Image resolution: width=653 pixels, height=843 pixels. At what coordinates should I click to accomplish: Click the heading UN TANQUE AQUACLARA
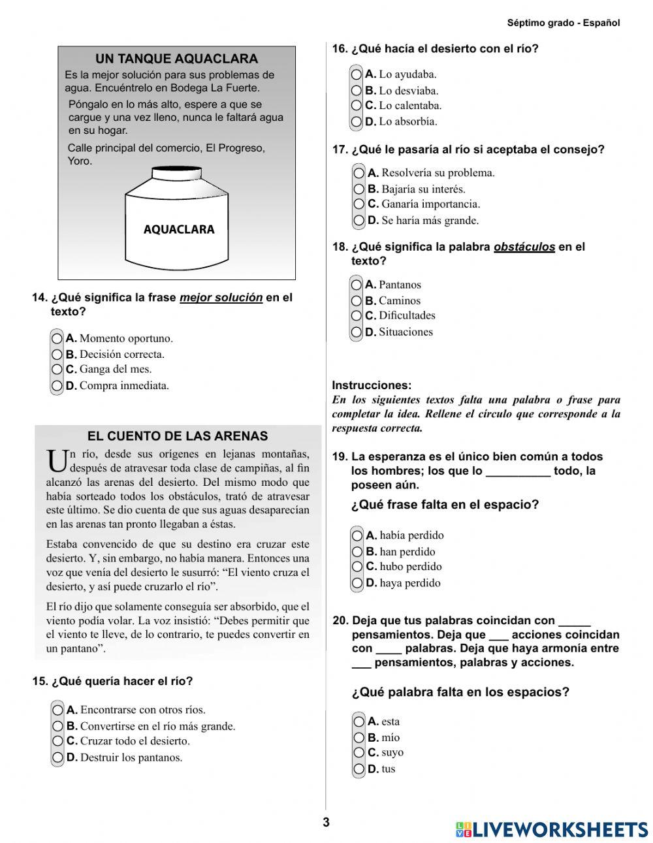tap(176, 59)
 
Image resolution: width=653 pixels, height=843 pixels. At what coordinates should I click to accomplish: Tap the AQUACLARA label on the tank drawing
tap(178, 229)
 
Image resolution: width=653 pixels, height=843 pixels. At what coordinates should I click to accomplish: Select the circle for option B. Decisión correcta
tap(57, 355)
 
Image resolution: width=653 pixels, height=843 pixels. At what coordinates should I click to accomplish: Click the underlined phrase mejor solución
tap(221, 298)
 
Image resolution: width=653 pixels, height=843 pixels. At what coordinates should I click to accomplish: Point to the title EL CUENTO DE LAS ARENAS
tap(178, 436)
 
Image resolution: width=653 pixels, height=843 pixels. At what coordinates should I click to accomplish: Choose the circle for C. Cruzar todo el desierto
tap(58, 741)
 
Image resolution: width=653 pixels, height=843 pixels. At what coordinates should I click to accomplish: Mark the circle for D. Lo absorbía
tap(357, 121)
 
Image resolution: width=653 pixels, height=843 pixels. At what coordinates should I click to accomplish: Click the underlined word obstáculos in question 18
tap(524, 247)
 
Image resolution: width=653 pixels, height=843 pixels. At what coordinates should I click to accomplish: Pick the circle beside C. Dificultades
tap(357, 315)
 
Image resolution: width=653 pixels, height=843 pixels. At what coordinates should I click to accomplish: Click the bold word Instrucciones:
tap(372, 385)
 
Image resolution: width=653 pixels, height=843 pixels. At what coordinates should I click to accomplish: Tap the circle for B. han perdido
tap(357, 551)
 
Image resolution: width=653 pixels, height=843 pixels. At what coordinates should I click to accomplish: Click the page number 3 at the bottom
tap(326, 822)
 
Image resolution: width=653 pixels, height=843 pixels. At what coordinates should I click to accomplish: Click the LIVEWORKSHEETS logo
tap(552, 829)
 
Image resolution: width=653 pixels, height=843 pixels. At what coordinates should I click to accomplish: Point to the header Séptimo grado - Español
tap(563, 23)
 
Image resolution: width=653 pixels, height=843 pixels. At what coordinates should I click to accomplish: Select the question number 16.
tap(340, 49)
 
